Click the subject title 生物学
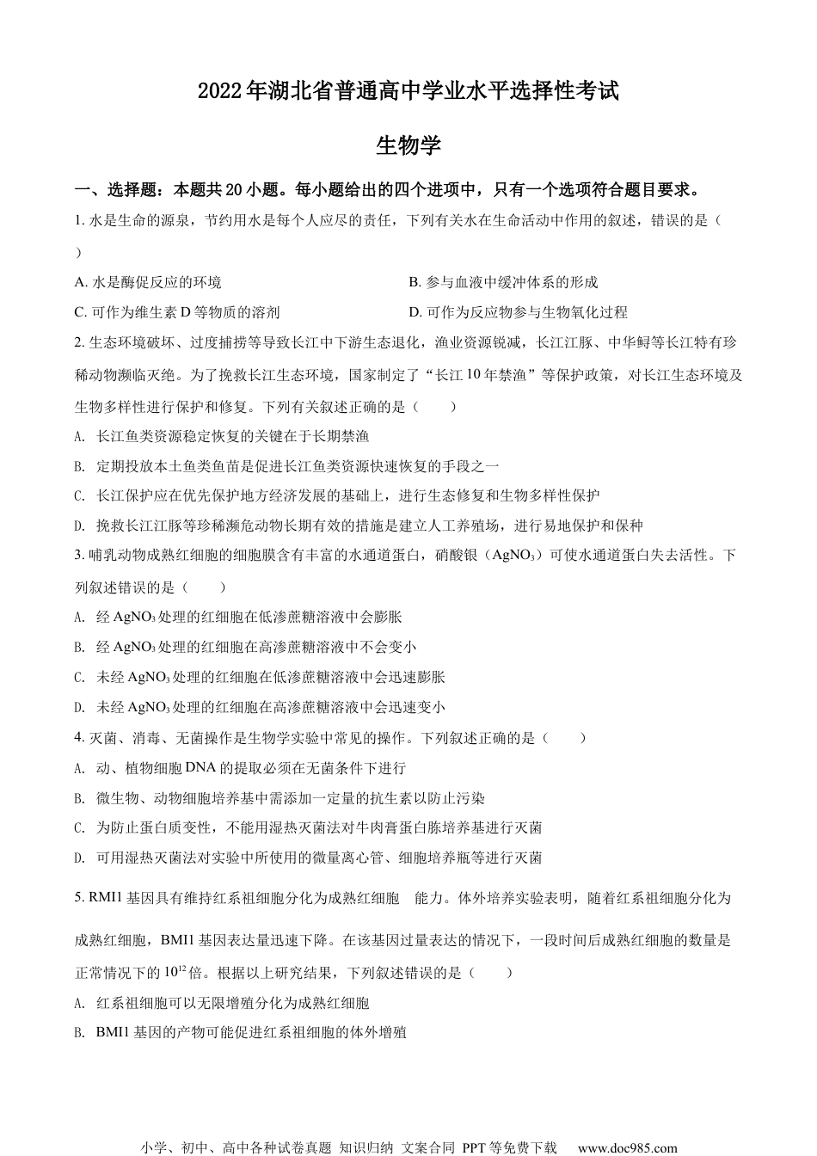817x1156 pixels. click(408, 145)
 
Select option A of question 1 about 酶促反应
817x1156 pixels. click(148, 282)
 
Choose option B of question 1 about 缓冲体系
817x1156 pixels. click(503, 282)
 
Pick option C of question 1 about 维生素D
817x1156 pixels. click(177, 312)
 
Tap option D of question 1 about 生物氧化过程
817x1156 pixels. click(518, 312)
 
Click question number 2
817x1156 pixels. click(79, 342)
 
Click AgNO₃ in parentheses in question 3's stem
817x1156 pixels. click(516, 556)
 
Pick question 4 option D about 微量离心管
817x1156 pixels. click(308, 858)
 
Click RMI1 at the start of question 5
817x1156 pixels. click(106, 899)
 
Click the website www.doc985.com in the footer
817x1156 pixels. click(627, 1147)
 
